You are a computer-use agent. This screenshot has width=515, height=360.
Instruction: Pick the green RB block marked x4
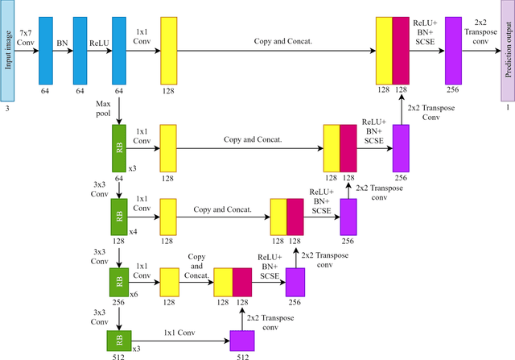(120, 217)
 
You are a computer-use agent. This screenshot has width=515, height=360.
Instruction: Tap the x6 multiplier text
(134, 294)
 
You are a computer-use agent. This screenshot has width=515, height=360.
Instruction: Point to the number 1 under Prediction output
(507, 106)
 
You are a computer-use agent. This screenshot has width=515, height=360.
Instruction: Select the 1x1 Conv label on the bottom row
(179, 332)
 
